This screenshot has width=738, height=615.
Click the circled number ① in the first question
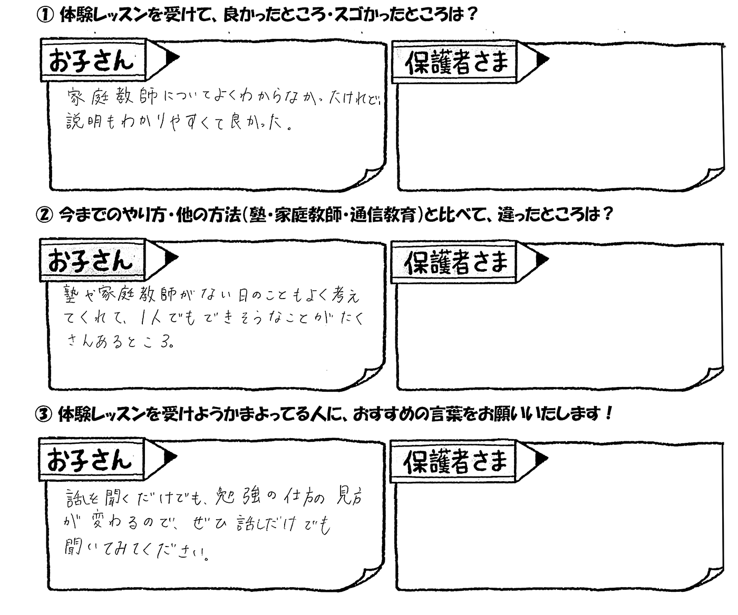click(45, 16)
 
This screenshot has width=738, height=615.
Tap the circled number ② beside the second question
click(44, 215)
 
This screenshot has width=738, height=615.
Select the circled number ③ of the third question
click(44, 414)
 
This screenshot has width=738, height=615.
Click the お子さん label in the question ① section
click(91, 61)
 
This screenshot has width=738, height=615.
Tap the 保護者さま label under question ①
click(456, 63)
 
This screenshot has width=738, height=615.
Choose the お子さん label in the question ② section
click(91, 261)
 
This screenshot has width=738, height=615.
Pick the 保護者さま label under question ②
click(456, 262)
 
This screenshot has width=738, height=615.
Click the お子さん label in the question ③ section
click(90, 460)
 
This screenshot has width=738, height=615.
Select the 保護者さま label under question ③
click(455, 461)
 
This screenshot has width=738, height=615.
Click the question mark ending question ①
click(472, 15)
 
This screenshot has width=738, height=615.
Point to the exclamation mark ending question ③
click(608, 413)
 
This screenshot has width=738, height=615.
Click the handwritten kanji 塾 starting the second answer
click(72, 294)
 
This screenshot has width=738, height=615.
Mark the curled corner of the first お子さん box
click(371, 176)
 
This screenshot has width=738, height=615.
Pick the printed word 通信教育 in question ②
click(383, 215)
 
